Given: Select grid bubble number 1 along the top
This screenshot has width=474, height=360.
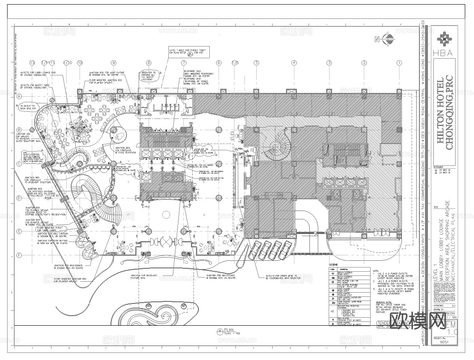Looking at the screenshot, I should [x=399, y=63].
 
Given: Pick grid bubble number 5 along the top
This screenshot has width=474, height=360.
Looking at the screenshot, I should [x=256, y=63].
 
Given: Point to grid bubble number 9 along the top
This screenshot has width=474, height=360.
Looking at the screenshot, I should [x=113, y=63].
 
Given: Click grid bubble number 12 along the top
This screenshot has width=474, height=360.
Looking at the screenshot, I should [x=32, y=63].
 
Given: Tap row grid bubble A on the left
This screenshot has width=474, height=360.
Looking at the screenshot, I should [x=19, y=96].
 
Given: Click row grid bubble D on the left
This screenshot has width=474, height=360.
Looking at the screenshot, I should [x=19, y=198].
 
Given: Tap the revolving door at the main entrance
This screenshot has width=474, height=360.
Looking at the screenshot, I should [x=167, y=242].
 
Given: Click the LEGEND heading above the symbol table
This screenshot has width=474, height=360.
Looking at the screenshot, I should [x=333, y=265].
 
